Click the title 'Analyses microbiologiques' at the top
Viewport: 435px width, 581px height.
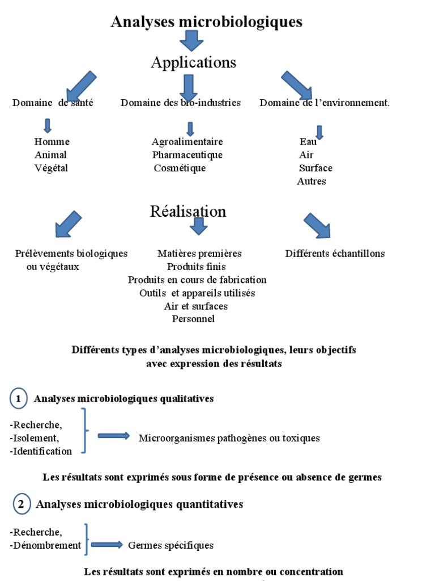(x=207, y=22)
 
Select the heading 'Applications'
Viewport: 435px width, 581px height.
(x=193, y=62)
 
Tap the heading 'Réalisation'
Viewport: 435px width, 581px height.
(x=188, y=212)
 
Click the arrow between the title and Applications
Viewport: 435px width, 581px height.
(x=191, y=41)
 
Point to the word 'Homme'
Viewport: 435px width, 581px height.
(x=52, y=142)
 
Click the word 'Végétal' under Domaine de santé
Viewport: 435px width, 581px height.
(x=51, y=168)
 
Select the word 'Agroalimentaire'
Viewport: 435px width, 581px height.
(x=187, y=142)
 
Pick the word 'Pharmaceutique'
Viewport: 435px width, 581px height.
(x=187, y=155)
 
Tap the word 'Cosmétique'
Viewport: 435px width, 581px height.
(x=180, y=168)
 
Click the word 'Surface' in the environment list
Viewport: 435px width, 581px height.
(x=315, y=168)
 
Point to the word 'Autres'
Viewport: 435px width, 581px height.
(x=312, y=182)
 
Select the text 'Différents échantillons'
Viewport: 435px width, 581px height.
(x=335, y=254)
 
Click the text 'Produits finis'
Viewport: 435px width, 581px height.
(x=196, y=267)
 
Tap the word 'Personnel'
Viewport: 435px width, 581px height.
(x=193, y=319)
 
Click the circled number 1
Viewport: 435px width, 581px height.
(x=19, y=399)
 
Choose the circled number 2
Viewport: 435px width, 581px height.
(x=22, y=504)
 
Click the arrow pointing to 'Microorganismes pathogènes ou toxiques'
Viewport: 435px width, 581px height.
(x=113, y=436)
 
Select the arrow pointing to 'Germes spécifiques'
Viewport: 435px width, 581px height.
(x=106, y=545)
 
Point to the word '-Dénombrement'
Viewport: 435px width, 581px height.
(x=46, y=545)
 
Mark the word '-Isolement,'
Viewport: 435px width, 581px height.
(x=34, y=438)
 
